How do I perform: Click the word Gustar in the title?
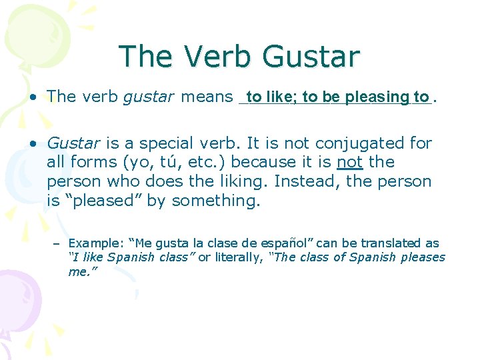[x=311, y=57]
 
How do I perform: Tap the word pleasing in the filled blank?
[x=377, y=97]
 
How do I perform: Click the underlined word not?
[x=349, y=162]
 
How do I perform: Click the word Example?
[x=89, y=243]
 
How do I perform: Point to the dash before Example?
[x=57, y=244]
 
